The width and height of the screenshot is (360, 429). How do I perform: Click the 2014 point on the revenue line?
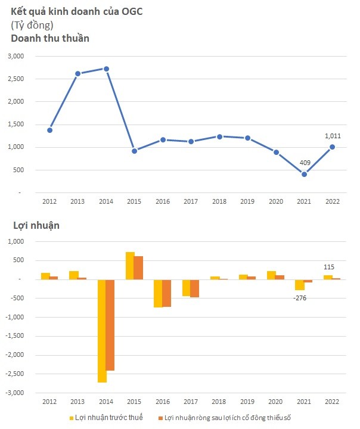pos(106,69)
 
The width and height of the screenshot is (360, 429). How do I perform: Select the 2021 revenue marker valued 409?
pos(304,174)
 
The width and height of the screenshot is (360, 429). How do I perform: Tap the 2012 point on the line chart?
pos(49,130)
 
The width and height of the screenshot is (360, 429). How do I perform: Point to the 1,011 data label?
pos(333,136)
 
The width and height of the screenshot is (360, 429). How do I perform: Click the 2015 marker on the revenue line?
pos(135,151)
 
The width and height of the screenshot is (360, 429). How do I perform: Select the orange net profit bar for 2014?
pos(110,325)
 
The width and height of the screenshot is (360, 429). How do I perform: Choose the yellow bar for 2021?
pos(300,285)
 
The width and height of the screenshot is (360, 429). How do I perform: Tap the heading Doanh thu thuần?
pos(50,38)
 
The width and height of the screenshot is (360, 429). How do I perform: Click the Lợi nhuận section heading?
pos(35,225)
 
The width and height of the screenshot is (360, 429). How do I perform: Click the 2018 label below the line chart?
pos(219,201)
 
